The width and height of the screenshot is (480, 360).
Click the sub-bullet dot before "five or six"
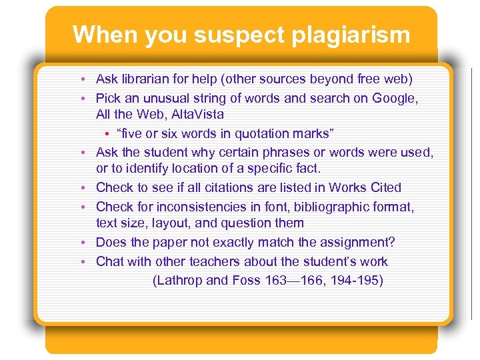click(108, 134)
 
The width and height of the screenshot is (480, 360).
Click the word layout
click(190, 223)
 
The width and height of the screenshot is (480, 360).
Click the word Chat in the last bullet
click(110, 261)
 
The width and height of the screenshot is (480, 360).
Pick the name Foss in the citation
click(246, 280)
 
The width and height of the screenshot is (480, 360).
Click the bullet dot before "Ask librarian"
click(88, 80)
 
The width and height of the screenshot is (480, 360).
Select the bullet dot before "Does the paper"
click(88, 243)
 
